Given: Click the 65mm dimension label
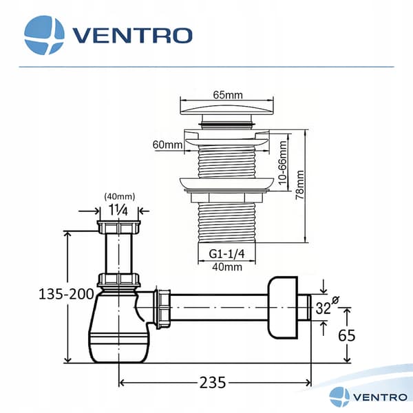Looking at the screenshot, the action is (x=228, y=95).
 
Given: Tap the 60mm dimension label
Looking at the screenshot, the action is (x=167, y=145).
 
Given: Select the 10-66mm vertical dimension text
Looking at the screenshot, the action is (x=282, y=162).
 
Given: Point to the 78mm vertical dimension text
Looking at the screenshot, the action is (x=300, y=184).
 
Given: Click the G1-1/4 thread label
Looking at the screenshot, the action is (x=226, y=253).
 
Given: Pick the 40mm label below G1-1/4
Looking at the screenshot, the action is (x=227, y=267).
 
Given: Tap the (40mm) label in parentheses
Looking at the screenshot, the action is (x=120, y=196).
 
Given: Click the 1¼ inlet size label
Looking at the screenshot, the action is (x=118, y=210).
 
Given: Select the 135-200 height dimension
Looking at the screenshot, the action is (x=66, y=294).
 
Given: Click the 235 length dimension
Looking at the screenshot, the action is (x=213, y=383).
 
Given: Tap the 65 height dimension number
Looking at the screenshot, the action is (x=347, y=335).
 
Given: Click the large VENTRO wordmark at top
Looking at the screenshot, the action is (x=132, y=36).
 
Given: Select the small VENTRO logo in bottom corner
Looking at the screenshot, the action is (x=368, y=397).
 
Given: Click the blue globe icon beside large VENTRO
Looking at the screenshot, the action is (x=44, y=35).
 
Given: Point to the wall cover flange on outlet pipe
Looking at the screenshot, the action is (x=283, y=308).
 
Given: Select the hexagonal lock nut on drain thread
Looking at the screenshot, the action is (x=226, y=198).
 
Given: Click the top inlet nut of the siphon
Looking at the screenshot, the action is (x=118, y=227).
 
